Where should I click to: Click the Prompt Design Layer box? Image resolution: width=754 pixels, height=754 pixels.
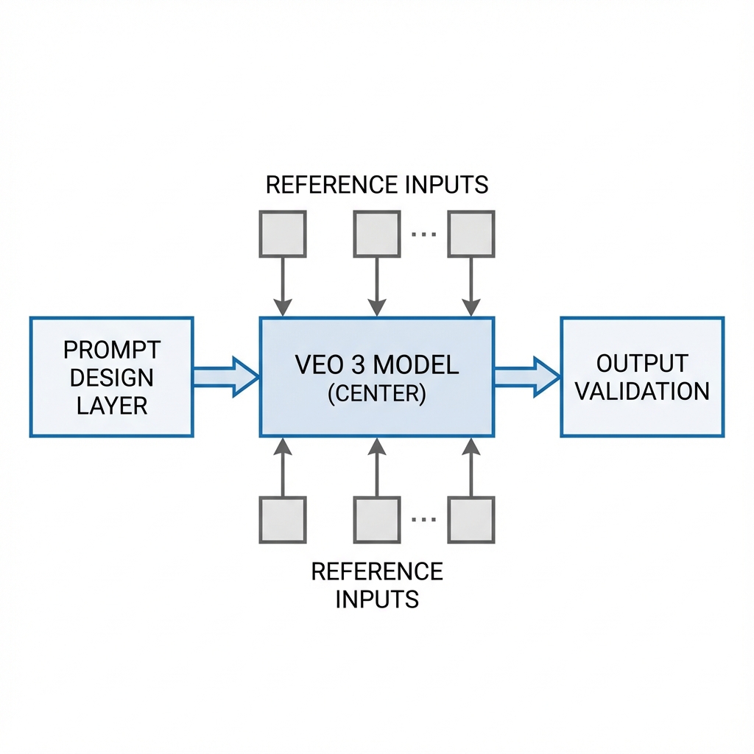click(111, 376)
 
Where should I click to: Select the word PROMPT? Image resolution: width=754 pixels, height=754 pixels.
click(112, 350)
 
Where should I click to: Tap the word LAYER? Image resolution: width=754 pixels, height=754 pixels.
click(112, 404)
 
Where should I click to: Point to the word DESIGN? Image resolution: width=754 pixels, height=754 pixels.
click(112, 377)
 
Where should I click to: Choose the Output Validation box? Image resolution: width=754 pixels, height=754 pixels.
click(642, 376)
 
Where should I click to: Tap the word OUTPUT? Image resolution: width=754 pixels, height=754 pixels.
click(642, 363)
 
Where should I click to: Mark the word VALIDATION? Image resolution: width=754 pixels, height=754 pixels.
click(642, 391)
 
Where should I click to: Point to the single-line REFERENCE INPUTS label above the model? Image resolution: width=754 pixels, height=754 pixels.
click(376, 184)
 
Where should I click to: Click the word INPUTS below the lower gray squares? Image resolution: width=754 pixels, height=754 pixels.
click(376, 599)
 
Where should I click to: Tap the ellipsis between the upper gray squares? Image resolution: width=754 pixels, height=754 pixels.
click(424, 233)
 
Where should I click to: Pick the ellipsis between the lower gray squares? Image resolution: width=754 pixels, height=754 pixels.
click(424, 519)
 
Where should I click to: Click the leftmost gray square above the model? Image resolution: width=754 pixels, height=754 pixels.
click(282, 233)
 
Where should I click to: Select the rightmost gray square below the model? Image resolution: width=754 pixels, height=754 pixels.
click(471, 519)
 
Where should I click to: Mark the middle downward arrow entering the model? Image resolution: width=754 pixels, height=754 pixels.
click(376, 287)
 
